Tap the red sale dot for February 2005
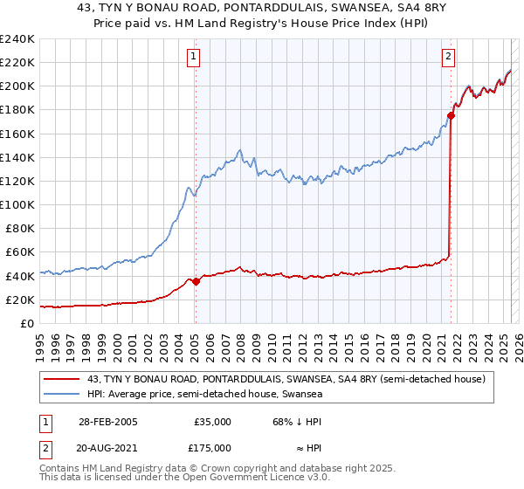point(196,281)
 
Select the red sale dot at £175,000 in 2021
point(451,115)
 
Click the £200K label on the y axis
point(17,86)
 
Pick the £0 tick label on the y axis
point(27,323)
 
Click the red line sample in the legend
point(62,379)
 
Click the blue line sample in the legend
point(62,395)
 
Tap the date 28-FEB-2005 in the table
point(107,422)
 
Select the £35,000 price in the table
point(212,422)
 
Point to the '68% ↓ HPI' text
point(297,422)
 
